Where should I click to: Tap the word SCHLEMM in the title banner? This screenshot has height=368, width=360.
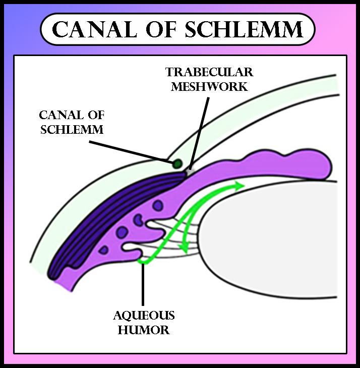pos(244,30)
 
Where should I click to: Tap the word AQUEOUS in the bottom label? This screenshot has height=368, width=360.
pos(144,317)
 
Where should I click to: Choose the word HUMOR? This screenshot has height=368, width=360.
pos(144,331)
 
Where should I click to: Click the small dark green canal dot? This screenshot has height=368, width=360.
pos(177,163)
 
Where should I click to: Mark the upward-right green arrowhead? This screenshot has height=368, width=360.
pos(239,186)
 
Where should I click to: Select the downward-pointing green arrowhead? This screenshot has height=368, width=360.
pos(185,248)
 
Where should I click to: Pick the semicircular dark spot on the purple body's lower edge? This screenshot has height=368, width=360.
pos(104,249)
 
